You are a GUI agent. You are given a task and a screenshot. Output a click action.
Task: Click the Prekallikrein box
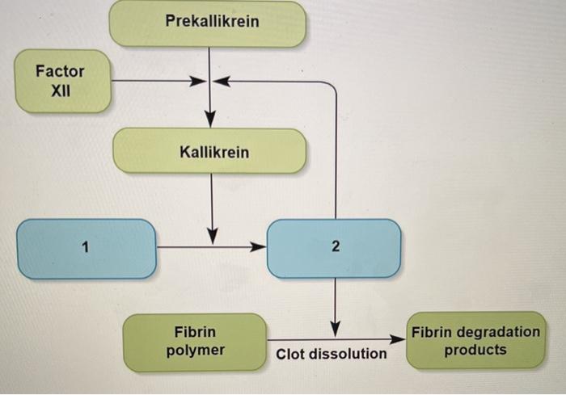[x=209, y=23]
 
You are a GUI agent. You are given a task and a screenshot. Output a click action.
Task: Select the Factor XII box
[x=61, y=80]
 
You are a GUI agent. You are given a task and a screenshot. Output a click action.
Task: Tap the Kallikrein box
[x=209, y=150]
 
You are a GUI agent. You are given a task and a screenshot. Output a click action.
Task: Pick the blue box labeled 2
[x=333, y=248]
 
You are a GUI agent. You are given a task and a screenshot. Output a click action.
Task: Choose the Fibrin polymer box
[x=195, y=341]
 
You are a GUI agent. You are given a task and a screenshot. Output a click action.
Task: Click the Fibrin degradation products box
[x=475, y=341]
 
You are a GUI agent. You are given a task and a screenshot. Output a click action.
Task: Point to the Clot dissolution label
[x=332, y=354]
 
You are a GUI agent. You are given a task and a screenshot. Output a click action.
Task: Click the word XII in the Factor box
[x=61, y=90]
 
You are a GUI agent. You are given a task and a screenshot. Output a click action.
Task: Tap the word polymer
[x=195, y=351]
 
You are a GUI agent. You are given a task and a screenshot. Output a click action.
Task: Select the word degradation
[x=499, y=332]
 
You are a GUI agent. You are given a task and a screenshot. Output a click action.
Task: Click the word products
[x=475, y=350]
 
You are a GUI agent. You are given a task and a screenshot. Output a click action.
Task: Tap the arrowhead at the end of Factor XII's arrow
[x=197, y=81]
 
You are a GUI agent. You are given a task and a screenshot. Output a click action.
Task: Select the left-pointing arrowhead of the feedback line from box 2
[x=221, y=81]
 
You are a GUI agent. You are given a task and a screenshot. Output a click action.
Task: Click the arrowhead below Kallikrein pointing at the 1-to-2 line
[x=212, y=236]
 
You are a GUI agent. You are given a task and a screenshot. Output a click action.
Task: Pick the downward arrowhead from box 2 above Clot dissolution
[x=336, y=329]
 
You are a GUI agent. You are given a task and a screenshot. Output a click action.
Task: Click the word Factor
[x=61, y=70]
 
